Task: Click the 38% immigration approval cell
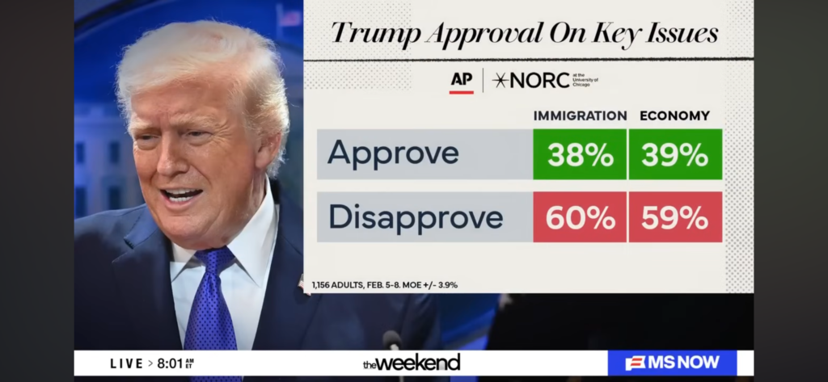click(x=579, y=154)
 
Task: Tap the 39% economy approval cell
click(x=675, y=154)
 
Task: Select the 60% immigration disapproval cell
click(x=579, y=217)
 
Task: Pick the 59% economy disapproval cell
click(x=675, y=217)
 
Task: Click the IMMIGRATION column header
click(x=580, y=115)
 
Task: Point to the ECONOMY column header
click(x=674, y=115)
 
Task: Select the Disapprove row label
click(x=415, y=217)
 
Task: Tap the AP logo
click(x=461, y=80)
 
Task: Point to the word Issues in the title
click(x=683, y=33)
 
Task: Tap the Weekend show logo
click(x=412, y=362)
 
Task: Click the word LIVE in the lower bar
click(x=127, y=363)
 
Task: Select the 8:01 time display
click(x=171, y=363)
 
